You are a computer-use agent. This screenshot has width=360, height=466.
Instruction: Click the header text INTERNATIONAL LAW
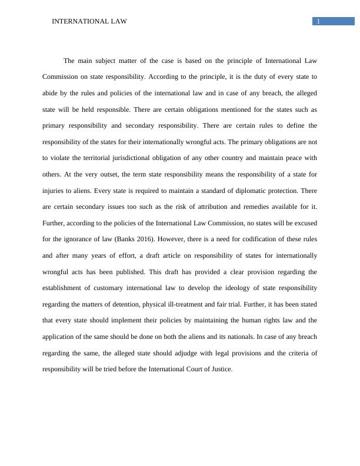click(x=89, y=22)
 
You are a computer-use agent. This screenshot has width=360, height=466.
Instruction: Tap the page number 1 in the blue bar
click(x=318, y=22)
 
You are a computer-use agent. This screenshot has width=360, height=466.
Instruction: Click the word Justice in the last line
click(x=221, y=370)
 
